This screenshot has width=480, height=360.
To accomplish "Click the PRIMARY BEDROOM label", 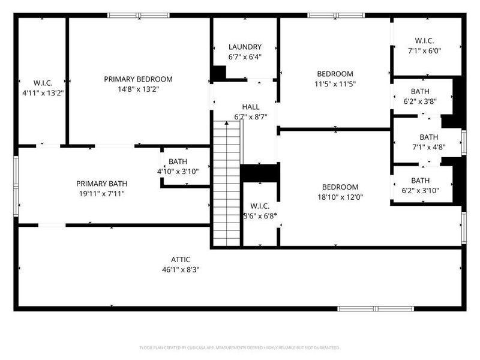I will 138,79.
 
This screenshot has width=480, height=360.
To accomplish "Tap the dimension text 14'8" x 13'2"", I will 138,89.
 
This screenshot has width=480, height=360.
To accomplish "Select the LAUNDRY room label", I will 245,47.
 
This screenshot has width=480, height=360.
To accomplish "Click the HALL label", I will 250,107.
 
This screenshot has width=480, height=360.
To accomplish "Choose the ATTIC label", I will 181,259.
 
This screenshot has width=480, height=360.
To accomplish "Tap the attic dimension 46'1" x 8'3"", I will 181,269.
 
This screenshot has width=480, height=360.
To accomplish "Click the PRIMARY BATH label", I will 101,184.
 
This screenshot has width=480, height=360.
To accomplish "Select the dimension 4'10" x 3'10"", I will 178,172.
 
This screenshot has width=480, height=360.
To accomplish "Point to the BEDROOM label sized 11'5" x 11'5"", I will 335,74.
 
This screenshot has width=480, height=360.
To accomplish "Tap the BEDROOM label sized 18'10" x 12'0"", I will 340,187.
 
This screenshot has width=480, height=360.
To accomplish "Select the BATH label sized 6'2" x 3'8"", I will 420,91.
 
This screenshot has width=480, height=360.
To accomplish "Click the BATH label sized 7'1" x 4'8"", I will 428,137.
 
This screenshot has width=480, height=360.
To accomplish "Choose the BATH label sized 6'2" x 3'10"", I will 420,181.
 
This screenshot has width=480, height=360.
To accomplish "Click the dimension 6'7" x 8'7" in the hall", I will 250,117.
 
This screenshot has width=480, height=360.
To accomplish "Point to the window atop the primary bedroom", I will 139,15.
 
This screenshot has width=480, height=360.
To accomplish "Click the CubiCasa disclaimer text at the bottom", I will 240,347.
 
